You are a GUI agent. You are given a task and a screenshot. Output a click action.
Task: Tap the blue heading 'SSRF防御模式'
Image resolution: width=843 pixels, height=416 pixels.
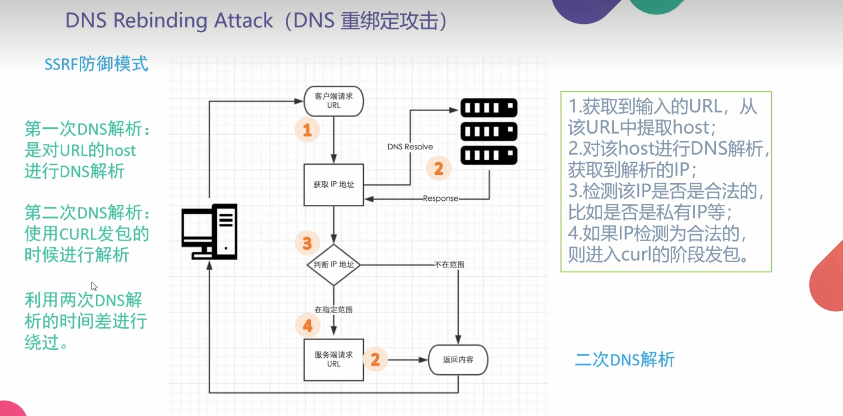point(96,64)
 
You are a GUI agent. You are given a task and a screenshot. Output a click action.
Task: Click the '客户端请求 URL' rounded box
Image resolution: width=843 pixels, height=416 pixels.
point(333,101)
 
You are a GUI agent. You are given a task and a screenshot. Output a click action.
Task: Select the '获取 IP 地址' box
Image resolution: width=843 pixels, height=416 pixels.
point(333,184)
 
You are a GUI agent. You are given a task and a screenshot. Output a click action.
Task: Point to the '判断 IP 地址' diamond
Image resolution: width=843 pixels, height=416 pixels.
point(333,265)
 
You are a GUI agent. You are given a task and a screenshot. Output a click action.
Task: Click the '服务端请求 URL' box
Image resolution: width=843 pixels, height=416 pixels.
point(333,360)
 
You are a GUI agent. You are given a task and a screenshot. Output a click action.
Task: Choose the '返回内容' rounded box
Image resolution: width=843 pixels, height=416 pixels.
point(458,360)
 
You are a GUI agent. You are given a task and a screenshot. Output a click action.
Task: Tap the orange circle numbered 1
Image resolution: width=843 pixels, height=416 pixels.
point(307,130)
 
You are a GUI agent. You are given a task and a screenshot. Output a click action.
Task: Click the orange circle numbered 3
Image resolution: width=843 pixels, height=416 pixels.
point(307,243)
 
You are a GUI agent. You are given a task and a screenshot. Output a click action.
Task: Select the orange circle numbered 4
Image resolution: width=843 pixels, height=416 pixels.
point(308,325)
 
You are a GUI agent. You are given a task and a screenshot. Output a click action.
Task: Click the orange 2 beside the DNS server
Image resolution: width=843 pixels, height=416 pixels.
point(438,169)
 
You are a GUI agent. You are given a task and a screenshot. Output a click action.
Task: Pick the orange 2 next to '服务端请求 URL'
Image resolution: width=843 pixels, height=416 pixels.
point(375,359)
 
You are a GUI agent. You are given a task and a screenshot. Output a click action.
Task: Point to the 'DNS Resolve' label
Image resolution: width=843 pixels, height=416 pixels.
point(410,147)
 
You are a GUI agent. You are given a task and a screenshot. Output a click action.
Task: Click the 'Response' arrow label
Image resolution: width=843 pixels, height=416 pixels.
point(440,198)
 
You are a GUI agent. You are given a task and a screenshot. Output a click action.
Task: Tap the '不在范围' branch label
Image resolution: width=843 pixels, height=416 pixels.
point(449,265)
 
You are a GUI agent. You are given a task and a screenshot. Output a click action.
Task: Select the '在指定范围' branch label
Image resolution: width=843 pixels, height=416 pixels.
point(333,310)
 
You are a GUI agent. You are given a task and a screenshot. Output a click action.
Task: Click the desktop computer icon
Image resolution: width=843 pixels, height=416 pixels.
point(209,232)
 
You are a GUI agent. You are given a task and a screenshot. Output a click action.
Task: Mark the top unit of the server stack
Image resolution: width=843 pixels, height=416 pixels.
point(489,108)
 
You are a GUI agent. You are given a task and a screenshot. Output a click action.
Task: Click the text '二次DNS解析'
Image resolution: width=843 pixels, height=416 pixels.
point(624,360)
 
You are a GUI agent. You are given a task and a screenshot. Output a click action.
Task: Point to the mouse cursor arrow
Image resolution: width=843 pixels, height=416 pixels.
point(94,286)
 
